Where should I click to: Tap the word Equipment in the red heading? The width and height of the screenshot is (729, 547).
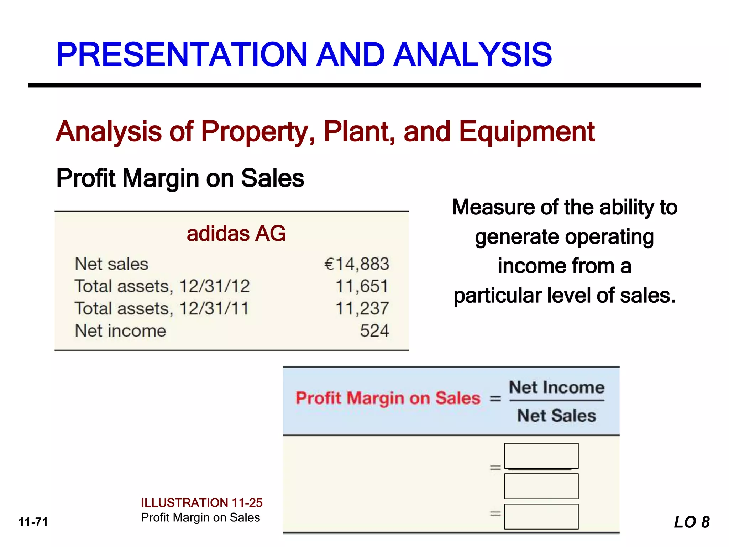pos(527,132)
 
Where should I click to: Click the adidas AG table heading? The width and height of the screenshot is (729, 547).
pos(236,234)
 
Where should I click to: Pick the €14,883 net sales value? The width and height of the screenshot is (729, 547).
pos(357,264)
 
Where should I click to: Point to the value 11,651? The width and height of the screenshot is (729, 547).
pos(362,286)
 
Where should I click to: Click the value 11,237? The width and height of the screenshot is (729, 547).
pos(362,308)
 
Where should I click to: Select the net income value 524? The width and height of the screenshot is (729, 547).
pos(374,331)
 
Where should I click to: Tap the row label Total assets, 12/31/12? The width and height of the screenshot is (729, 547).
pos(162,286)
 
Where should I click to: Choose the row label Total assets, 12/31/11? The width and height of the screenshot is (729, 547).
pos(162,308)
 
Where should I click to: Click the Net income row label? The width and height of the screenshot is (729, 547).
pos(120,331)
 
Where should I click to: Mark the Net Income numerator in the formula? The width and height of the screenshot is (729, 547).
pos(557,387)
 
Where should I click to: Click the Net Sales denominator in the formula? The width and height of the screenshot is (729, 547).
pos(556,416)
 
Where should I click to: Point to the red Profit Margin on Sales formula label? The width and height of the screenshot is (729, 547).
pos(388,398)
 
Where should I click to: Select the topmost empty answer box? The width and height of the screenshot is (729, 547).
pos(541,455)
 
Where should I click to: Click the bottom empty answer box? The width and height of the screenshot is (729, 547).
pos(541,516)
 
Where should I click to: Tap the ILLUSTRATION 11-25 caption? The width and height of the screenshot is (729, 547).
pos(202,503)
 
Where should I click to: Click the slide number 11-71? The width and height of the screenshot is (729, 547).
pos(33,522)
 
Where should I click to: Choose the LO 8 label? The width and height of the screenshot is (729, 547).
pos(692,522)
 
